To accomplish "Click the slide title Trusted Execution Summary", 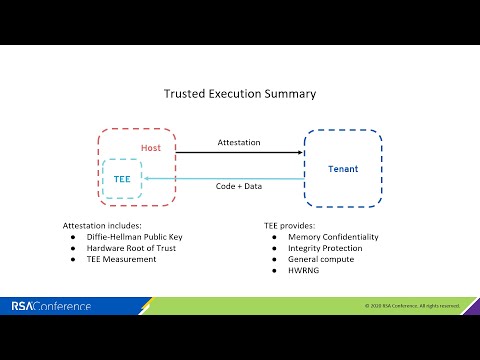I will (240, 93).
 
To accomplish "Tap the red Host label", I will (150, 148).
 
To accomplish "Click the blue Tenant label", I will (342, 169).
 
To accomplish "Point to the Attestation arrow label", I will (239, 143).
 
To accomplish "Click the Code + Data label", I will (239, 186).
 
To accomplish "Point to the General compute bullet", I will (315, 259).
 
